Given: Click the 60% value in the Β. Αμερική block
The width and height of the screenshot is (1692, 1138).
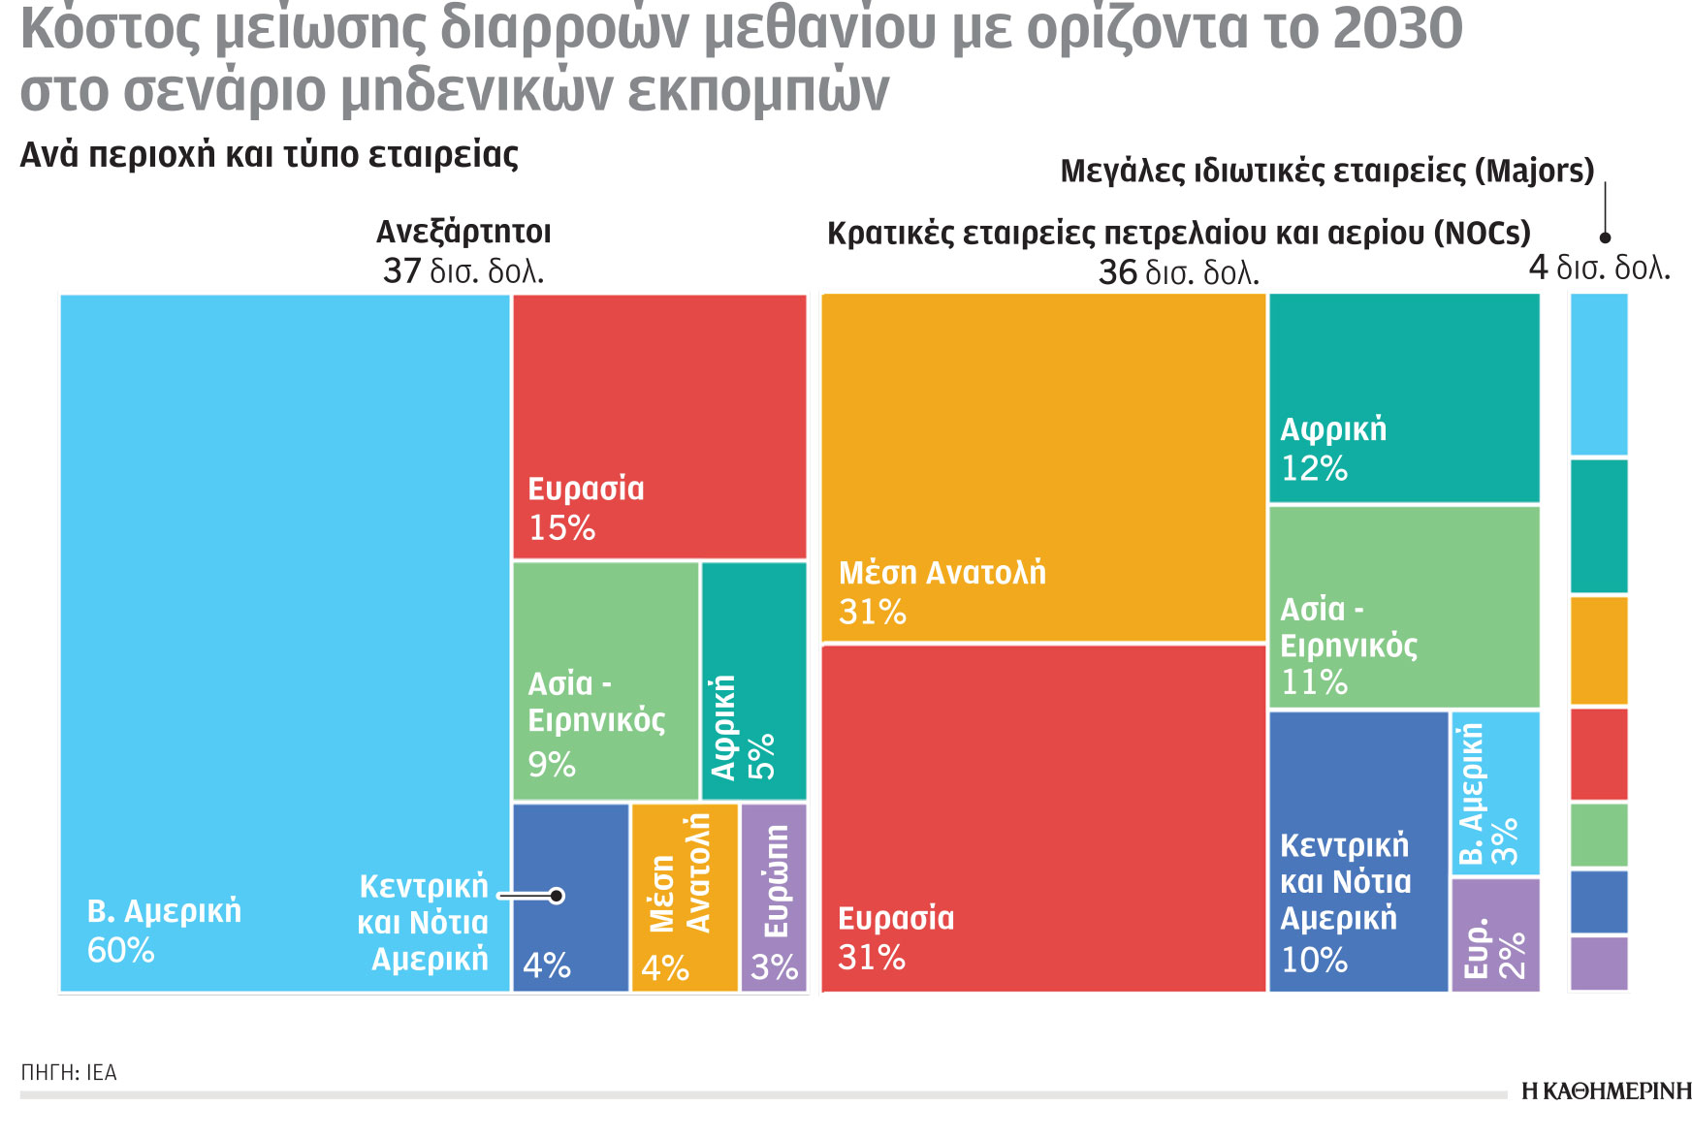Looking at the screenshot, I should [x=121, y=951].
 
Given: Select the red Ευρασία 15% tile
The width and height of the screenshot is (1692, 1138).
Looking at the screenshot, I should [x=659, y=427].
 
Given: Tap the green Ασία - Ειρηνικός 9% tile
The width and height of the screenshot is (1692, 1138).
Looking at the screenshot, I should [x=605, y=680].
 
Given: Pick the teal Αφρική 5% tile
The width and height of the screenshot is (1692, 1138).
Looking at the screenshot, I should [x=753, y=680].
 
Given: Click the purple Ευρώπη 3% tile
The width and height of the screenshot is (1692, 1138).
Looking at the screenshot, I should [x=774, y=897].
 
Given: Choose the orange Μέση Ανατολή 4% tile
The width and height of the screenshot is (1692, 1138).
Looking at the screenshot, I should [x=684, y=897].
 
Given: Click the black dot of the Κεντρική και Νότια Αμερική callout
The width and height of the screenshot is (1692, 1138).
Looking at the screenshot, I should [x=557, y=896].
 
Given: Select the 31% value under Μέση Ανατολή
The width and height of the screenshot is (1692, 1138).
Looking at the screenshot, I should [x=873, y=613].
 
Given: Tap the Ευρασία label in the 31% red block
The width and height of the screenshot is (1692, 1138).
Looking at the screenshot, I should [x=896, y=918].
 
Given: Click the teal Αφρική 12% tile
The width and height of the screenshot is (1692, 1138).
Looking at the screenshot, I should [x=1404, y=397].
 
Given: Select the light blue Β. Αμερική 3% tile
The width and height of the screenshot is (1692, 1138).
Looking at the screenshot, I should [x=1495, y=793].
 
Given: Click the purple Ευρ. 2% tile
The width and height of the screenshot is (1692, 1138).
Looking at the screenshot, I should [x=1495, y=934].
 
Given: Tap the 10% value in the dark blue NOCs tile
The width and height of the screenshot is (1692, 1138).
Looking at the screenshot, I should [x=1314, y=961].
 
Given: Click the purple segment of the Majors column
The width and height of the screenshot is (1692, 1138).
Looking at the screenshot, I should [x=1599, y=963].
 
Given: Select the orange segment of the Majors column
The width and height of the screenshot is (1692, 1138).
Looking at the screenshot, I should [x=1599, y=650].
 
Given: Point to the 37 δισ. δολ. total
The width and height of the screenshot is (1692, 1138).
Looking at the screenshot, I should [x=463, y=270].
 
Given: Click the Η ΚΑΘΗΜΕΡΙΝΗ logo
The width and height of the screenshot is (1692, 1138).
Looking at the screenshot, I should [x=1606, y=1091].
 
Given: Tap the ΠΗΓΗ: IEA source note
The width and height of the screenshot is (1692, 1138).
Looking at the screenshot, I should [x=69, y=1073].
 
